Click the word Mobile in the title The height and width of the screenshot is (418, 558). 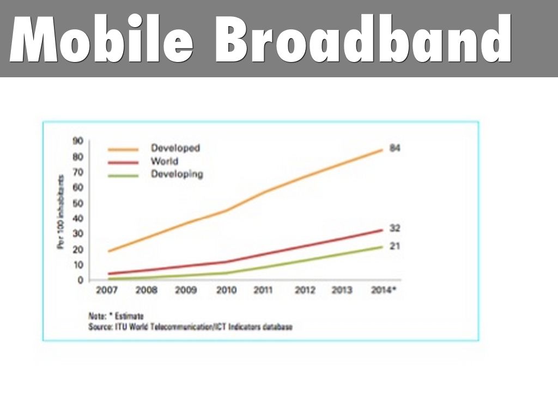pos(101,39)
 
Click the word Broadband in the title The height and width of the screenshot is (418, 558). pos(362,39)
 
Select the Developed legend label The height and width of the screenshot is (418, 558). pos(175,148)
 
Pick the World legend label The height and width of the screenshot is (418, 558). pos(165,162)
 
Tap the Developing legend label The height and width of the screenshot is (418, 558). pos(177,175)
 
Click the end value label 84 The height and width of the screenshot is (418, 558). pos(395,148)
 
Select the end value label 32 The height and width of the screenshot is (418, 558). pos(395,228)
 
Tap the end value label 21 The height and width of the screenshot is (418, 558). pos(395,246)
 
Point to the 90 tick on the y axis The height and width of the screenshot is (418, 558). pos(77,141)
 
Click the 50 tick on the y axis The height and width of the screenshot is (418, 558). pos(77,203)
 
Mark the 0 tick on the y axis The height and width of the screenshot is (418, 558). pos(80,280)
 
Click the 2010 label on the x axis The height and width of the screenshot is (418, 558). pos(226,291)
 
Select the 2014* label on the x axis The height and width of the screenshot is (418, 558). pos(383,291)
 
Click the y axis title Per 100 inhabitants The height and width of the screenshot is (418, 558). pos(61,212)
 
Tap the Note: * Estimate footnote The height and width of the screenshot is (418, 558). pos(116,316)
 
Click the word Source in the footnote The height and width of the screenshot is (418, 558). pos(100,327)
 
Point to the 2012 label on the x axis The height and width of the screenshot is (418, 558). pos(305,291)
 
